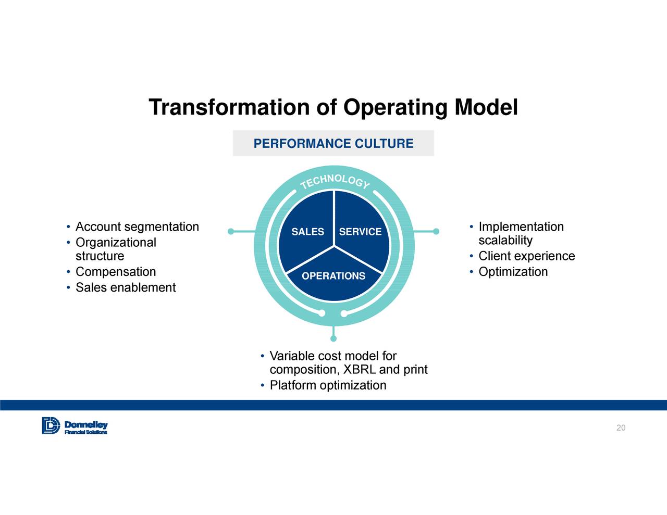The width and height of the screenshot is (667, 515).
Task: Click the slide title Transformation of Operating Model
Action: click(333, 107)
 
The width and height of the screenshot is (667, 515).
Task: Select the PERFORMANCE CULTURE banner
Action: click(333, 143)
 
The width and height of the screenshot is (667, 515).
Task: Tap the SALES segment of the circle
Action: click(307, 232)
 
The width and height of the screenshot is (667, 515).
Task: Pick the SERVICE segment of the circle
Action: click(360, 232)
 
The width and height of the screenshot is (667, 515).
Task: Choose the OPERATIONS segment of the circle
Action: click(333, 276)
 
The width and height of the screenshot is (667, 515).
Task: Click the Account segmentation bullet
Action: click(137, 227)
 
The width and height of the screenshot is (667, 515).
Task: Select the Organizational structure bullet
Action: click(115, 249)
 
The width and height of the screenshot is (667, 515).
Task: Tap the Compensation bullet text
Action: click(116, 271)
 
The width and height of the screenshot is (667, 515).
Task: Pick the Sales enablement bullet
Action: click(126, 287)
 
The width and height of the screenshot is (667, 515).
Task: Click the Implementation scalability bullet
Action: click(521, 233)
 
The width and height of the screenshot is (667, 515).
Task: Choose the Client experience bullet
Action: click(526, 256)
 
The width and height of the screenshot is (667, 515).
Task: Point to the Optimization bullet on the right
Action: click(513, 271)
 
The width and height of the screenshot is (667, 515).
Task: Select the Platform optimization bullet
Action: click(328, 385)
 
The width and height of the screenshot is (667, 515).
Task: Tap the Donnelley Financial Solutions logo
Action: click(75, 425)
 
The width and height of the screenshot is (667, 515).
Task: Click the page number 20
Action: click(621, 428)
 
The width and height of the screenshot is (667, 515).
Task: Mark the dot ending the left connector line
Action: click(231, 231)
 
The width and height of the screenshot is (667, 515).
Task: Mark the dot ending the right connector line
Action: click(436, 231)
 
